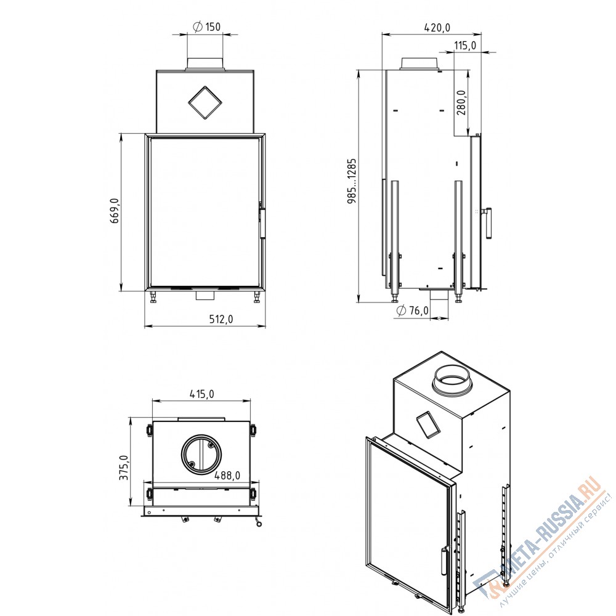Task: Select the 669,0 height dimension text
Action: point(115,211)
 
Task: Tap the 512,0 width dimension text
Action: point(221,319)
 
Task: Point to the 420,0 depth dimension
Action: point(437,28)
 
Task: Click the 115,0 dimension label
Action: point(465,46)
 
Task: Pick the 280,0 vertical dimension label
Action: point(461,102)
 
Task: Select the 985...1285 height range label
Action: point(352,180)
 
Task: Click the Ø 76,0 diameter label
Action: point(413,310)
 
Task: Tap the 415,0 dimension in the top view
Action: point(201,394)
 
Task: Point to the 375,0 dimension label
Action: point(124,468)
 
